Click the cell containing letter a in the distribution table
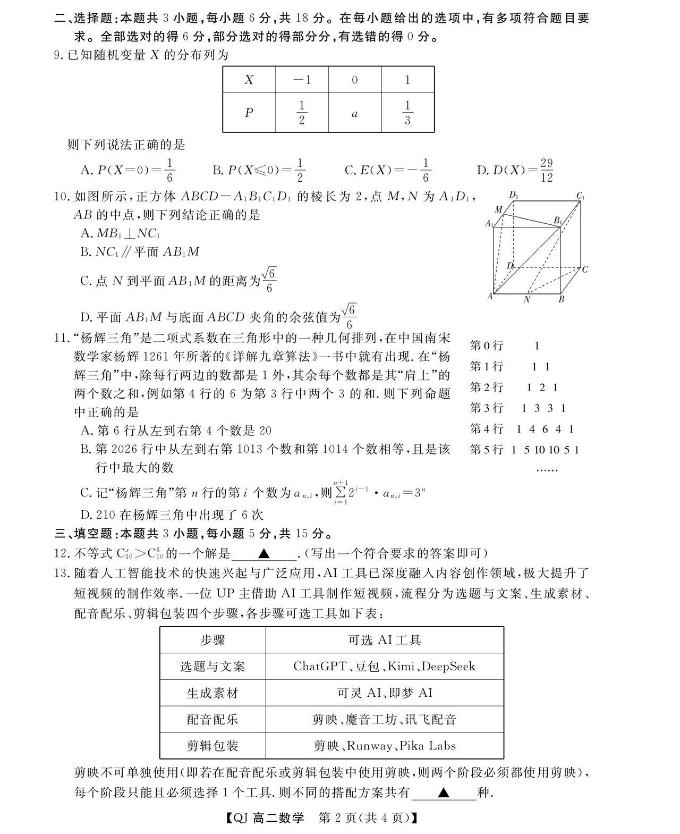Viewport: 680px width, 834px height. coord(354,113)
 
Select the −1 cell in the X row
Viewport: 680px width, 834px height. coord(302,80)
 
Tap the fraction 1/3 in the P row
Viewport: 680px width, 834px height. coord(407,113)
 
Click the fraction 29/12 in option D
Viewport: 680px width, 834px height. coord(547,170)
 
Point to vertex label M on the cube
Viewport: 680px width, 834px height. coord(498,209)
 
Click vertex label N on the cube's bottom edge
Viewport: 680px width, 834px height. coord(527,300)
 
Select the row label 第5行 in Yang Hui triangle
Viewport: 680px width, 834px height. coord(486,450)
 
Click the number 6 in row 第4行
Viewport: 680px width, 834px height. coord(545,429)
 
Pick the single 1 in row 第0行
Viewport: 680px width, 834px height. coord(537,346)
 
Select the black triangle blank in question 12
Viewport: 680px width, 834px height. coord(264,553)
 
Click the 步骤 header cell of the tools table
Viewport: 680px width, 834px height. coord(212,639)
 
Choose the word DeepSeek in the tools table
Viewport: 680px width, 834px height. coord(448,666)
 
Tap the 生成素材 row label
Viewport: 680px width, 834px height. coord(212,693)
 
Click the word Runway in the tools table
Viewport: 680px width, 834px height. coord(370,746)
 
